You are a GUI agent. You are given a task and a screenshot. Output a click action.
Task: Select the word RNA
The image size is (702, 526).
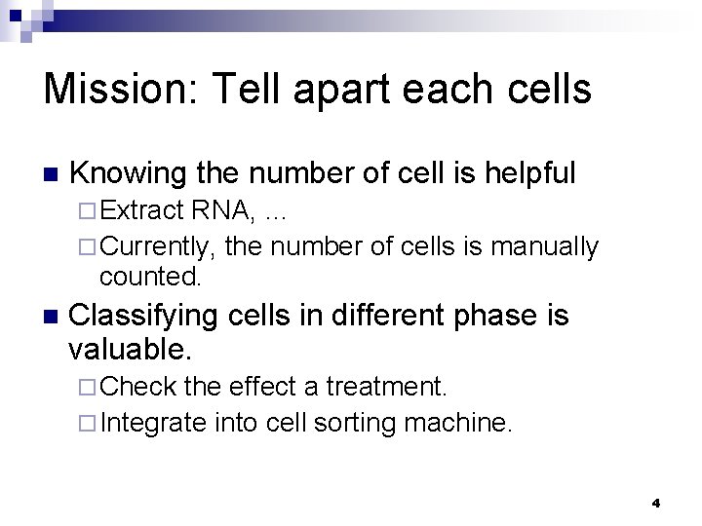[218, 209]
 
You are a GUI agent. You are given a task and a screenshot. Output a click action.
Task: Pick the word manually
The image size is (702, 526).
[547, 247]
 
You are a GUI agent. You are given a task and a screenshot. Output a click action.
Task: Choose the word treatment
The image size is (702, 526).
[386, 388]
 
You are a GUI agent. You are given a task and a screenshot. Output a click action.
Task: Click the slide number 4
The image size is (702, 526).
[656, 504]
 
